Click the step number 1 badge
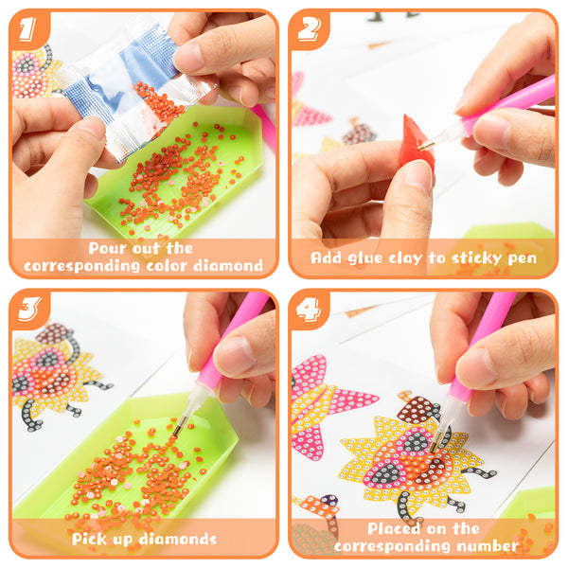[27, 29]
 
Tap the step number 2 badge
[309, 29]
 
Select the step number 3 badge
[29, 309]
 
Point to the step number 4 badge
[309, 310]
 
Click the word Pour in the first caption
[107, 248]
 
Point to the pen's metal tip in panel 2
[426, 146]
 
